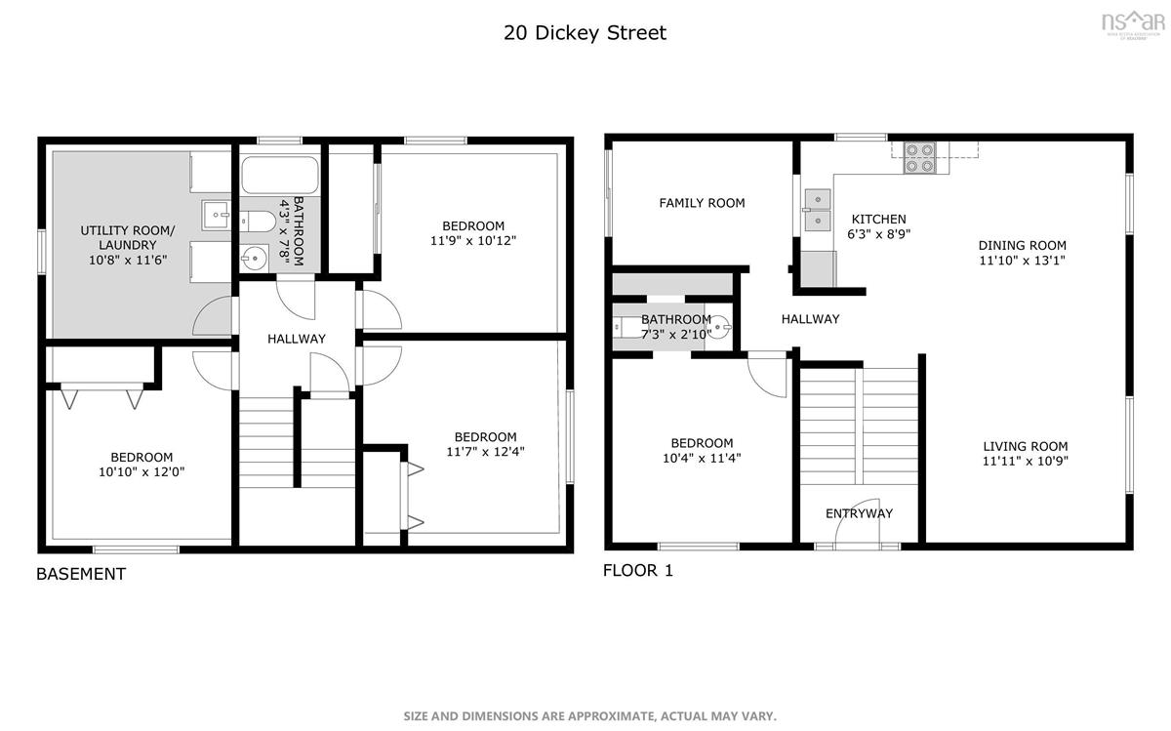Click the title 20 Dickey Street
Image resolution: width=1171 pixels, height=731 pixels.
point(585,33)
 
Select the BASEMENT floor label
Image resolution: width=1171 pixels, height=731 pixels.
point(81,574)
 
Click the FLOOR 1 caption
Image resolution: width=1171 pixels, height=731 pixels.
point(638,571)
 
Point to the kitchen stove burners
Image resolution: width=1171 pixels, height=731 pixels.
point(919,158)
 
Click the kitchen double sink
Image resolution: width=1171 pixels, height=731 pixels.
point(818,210)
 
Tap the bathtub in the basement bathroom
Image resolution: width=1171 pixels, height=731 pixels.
point(280,175)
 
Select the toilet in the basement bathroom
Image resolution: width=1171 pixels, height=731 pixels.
point(258,222)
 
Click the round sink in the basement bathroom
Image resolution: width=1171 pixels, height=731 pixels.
point(254,258)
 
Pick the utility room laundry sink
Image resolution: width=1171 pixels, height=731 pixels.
point(216,215)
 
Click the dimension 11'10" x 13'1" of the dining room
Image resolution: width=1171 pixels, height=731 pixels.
point(1022,261)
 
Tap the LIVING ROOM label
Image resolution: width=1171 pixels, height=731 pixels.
point(1026,447)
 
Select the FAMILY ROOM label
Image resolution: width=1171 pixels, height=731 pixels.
point(702,203)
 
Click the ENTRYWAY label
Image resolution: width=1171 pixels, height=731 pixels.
point(859,514)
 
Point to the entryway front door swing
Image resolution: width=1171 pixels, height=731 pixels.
point(858,521)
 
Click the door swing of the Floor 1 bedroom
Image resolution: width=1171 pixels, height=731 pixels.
point(767,375)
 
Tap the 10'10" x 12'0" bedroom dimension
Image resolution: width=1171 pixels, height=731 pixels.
point(141,472)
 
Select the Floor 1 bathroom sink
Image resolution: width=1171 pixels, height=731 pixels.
point(721,327)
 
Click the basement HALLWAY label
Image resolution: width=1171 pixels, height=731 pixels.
point(297,339)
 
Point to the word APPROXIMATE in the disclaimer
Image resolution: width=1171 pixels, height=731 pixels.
point(611,715)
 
